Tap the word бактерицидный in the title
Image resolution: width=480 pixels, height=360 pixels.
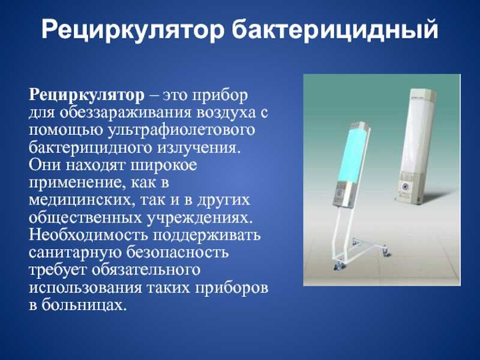click(x=335, y=29)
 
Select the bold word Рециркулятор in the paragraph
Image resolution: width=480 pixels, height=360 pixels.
click(x=86, y=95)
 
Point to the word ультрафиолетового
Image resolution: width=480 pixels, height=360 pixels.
click(x=182, y=130)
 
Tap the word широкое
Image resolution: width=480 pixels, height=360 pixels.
click(x=164, y=166)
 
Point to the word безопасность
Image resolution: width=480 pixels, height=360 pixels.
click(x=178, y=252)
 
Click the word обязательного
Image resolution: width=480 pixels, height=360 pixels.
click(x=145, y=270)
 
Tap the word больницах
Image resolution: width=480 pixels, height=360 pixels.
click(x=84, y=305)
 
